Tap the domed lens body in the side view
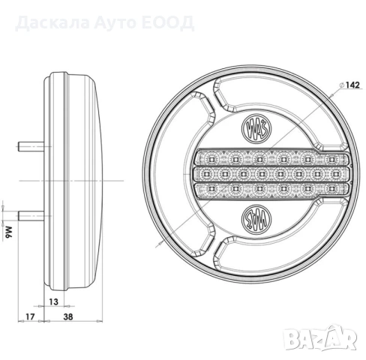(x=75, y=180)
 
